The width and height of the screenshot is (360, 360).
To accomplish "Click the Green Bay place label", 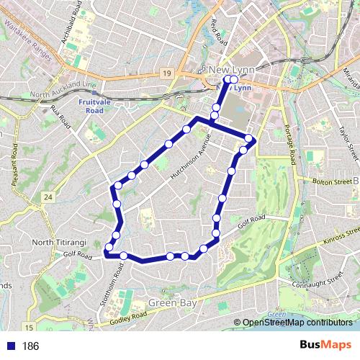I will coord(171,304).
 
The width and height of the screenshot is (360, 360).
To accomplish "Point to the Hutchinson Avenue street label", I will coord(188,156).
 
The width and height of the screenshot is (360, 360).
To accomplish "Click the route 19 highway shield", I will coord(166,73).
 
